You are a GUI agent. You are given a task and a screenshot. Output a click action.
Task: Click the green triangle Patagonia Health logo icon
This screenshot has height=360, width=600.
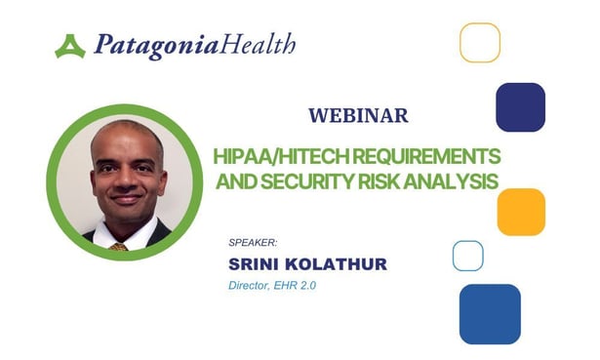pyautogui.click(x=70, y=46)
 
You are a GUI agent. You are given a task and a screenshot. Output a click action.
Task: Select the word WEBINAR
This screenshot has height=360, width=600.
pyautogui.click(x=358, y=115)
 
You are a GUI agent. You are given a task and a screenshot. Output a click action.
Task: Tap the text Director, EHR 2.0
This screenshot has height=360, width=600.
pyautogui.click(x=269, y=285)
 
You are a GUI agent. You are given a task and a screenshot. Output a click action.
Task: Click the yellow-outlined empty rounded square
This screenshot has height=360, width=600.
pyautogui.click(x=479, y=43)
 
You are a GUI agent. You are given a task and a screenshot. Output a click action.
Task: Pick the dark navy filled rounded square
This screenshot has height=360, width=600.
pyautogui.click(x=520, y=106)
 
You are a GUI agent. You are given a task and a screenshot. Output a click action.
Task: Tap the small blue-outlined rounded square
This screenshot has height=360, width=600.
pyautogui.click(x=467, y=255)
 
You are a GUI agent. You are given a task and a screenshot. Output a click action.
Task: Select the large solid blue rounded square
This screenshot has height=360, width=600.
pyautogui.click(x=490, y=313)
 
